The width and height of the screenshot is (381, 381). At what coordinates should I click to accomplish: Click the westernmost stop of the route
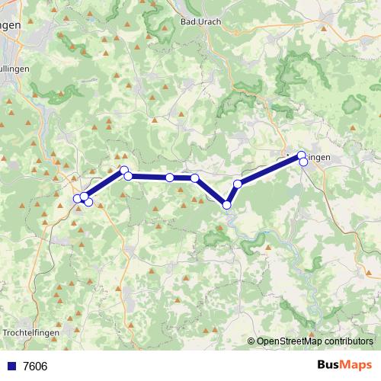point(78,199)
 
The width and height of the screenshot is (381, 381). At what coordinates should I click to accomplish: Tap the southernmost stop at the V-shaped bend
point(226,204)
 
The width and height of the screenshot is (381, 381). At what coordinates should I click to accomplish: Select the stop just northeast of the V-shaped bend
point(238,184)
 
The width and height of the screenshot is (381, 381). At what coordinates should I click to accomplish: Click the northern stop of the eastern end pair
point(302,155)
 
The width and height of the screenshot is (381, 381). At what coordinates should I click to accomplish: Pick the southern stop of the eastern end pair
point(303,162)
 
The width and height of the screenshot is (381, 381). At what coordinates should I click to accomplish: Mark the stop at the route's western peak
point(124,170)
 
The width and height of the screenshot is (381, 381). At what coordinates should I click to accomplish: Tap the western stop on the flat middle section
point(170,178)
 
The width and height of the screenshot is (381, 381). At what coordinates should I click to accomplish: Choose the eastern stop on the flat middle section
point(195,178)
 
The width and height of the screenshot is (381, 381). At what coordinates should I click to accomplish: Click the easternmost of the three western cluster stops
point(88,201)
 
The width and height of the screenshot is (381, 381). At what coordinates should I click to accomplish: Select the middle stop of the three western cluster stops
point(84,197)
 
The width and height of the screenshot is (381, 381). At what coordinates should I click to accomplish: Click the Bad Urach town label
point(201,21)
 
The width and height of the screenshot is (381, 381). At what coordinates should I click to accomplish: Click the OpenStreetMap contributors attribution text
point(310,341)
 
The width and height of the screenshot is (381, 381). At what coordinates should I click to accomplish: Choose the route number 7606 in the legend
point(35,366)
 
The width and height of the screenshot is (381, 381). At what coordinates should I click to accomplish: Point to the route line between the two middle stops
point(183,178)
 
